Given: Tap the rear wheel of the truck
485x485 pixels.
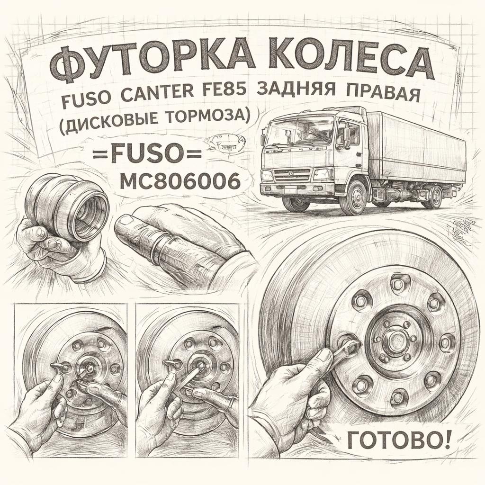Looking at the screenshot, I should click(x=432, y=197).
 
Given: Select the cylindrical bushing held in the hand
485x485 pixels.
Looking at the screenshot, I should click(x=67, y=207).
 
